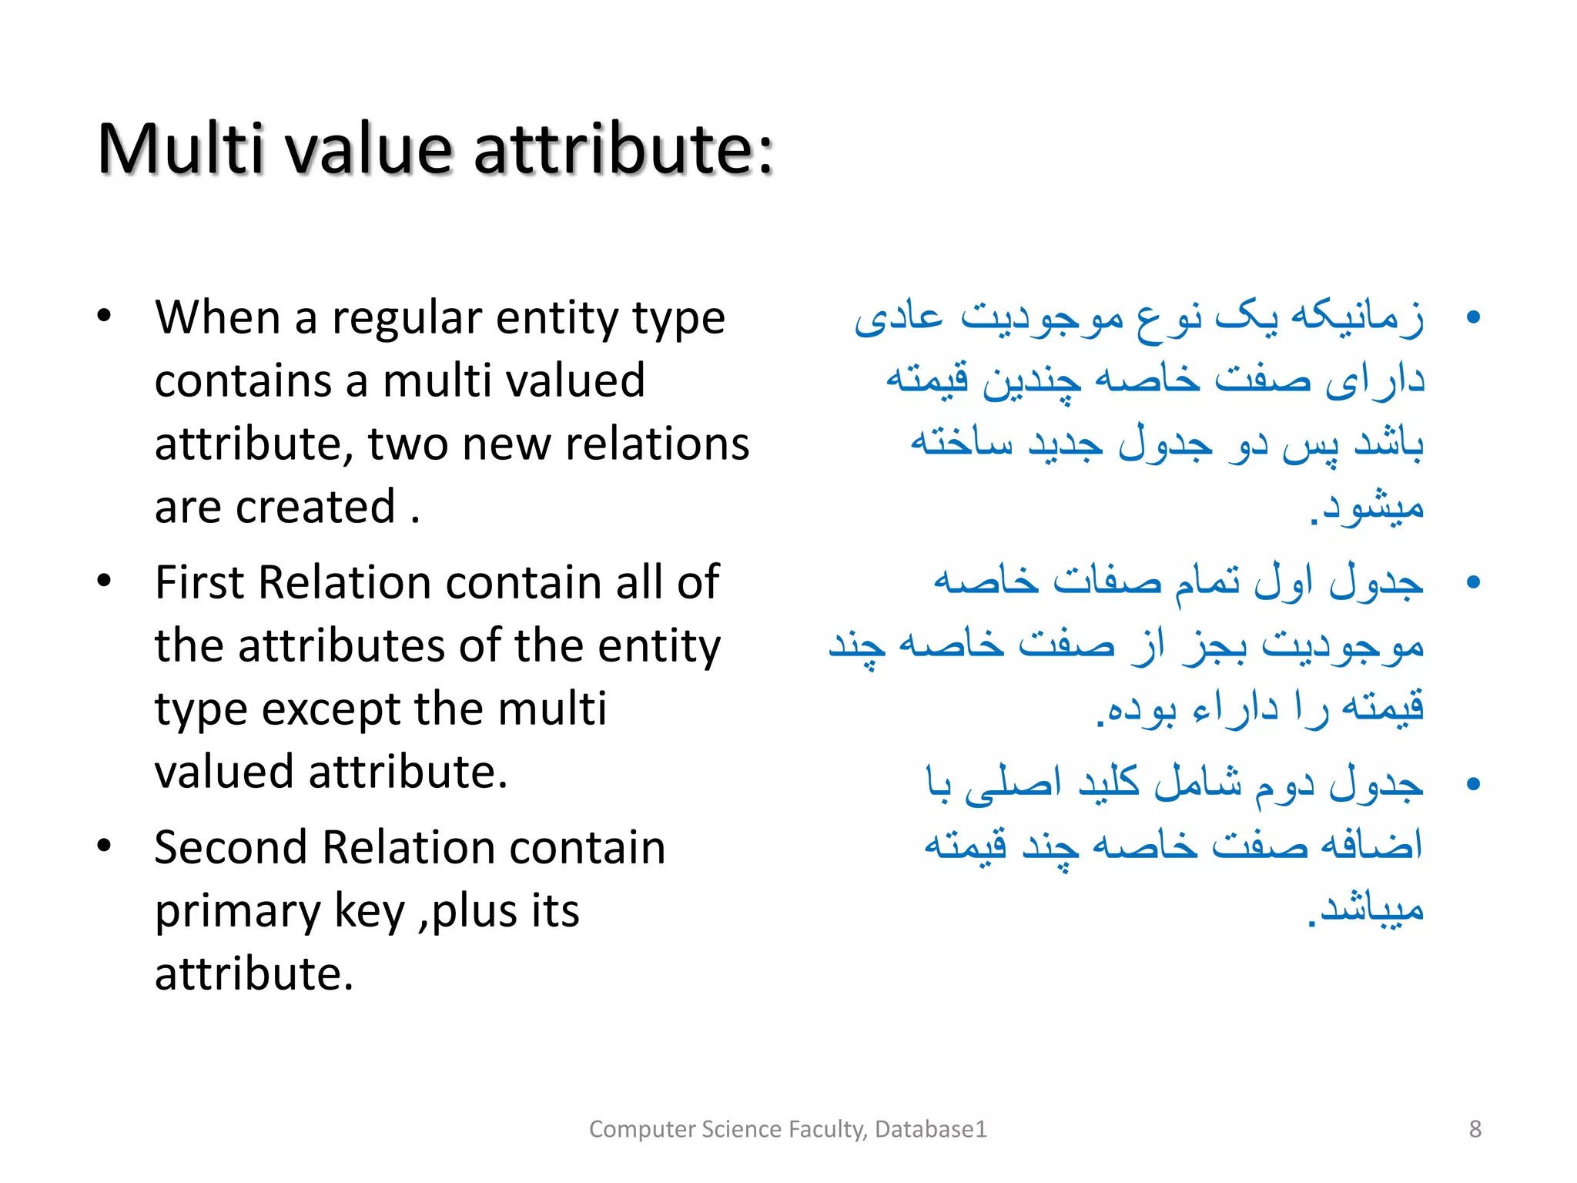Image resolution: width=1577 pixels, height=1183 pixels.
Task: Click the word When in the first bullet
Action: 217,317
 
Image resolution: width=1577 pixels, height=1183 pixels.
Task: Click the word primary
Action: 237,913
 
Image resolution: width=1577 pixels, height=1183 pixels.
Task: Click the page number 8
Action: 1475,1129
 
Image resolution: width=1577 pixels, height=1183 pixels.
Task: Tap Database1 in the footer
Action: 930,1129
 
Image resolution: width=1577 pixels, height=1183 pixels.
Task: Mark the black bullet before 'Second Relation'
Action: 105,846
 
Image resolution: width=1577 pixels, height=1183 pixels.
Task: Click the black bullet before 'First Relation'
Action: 105,581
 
